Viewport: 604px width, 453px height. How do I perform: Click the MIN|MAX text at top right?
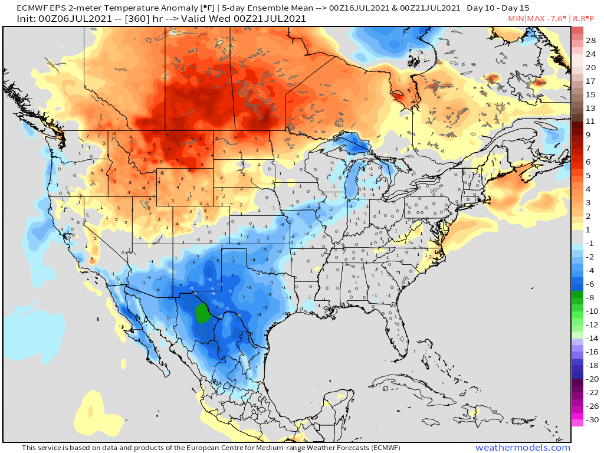(x=527, y=18)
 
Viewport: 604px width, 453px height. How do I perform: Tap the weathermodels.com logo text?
(x=523, y=448)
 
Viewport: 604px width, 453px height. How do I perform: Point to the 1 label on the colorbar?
(x=588, y=229)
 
